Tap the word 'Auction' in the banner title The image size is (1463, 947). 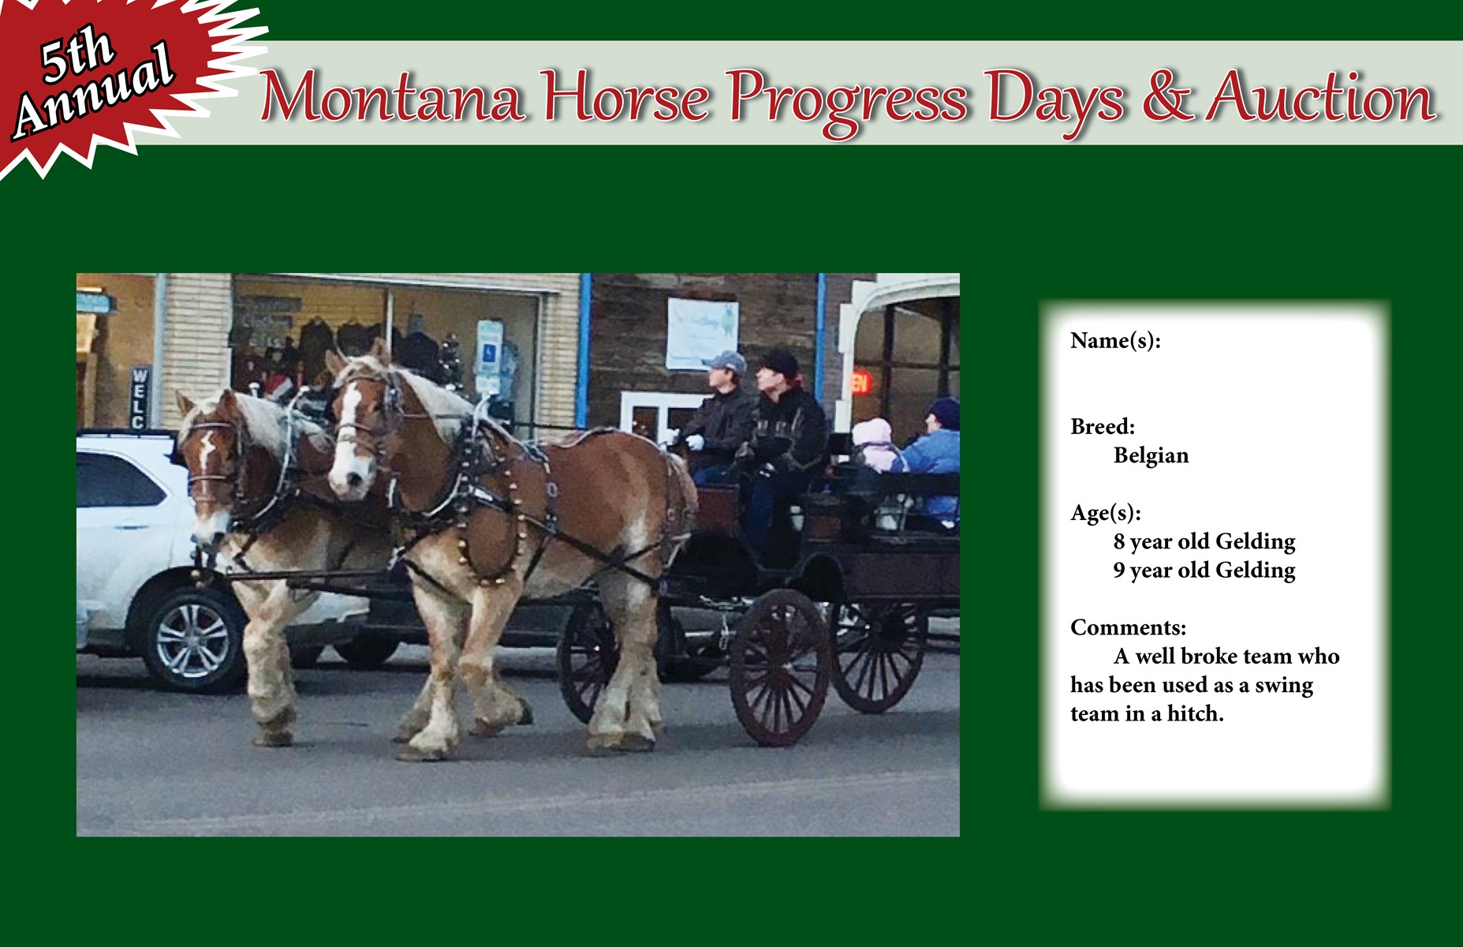[1321, 97]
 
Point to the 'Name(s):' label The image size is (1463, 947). [1115, 341]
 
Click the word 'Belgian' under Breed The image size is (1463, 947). [1151, 456]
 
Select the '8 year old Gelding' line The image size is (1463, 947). [1204, 542]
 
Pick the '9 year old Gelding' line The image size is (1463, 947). [1204, 571]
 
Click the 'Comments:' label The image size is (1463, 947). [1128, 627]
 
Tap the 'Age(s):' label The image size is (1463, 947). [1106, 514]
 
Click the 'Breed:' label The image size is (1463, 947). [1103, 427]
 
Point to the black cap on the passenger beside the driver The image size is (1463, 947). [779, 363]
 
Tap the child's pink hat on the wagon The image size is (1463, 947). [871, 432]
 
